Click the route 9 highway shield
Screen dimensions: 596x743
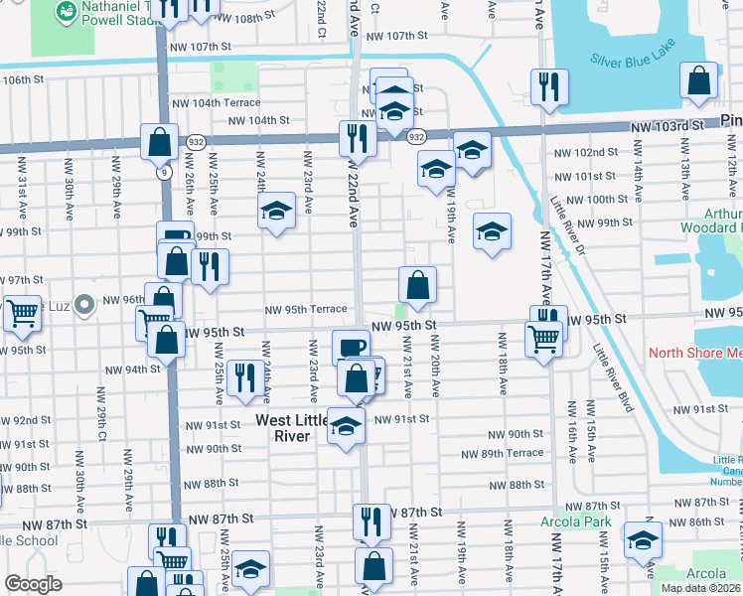coord(162,172)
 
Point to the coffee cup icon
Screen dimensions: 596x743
coord(349,347)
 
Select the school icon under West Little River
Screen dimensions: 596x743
coord(345,426)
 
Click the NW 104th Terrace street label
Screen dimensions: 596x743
coord(216,102)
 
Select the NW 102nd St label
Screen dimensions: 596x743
coord(585,152)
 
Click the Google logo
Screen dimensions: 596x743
coord(33,584)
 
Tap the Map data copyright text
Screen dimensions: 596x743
coord(700,588)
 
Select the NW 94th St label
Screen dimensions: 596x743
coord(132,369)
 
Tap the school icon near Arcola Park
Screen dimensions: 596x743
coord(643,541)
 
